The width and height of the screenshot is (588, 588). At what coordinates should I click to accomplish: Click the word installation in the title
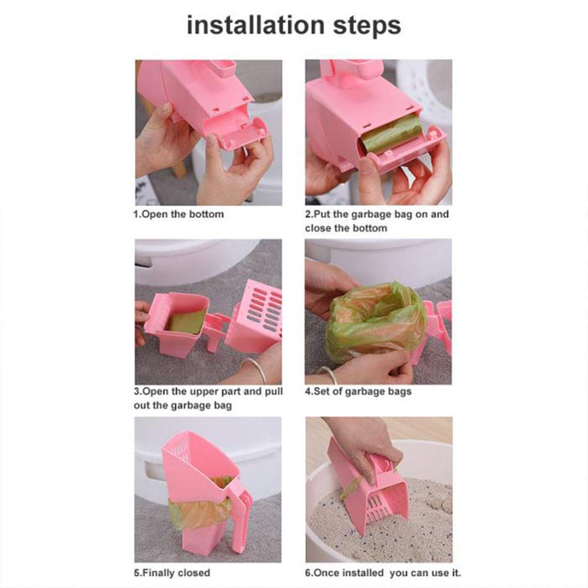254,26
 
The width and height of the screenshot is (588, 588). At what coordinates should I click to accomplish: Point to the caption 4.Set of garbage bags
358,391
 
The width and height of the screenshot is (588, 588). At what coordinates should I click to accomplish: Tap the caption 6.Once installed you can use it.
383,572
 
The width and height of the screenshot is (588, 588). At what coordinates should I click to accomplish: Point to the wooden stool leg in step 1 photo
181,168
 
